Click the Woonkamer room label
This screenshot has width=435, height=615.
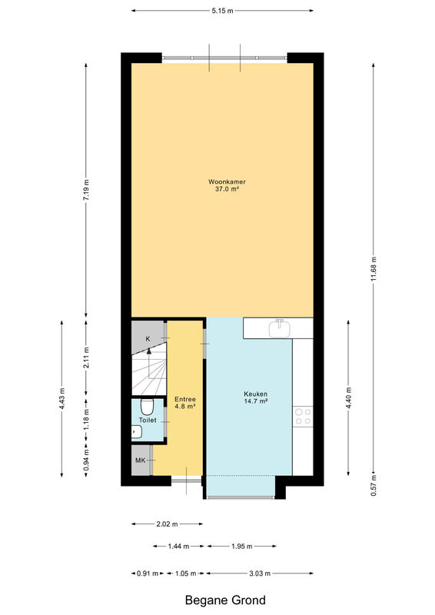click(227, 182)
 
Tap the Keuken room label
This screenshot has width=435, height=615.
click(255, 394)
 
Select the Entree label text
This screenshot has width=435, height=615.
click(185, 399)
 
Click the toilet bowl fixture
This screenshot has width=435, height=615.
click(147, 407)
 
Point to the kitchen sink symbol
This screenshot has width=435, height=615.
click(280, 328)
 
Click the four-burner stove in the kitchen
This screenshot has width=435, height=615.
click(303, 417)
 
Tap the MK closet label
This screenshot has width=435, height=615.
click(140, 460)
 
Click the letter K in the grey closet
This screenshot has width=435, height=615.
click(148, 339)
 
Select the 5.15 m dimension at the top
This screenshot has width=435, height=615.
click(222, 11)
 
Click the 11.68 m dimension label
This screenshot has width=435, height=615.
click(374, 268)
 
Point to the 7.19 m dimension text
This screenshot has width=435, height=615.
click(86, 189)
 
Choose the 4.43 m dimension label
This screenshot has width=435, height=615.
click(62, 398)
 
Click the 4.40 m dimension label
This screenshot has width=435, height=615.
click(349, 397)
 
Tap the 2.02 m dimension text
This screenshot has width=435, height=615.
click(167, 524)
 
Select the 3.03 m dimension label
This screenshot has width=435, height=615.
click(260, 573)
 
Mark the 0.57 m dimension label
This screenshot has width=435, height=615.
click(374, 486)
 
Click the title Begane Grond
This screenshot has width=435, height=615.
click(225, 600)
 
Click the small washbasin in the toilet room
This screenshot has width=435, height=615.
click(137, 432)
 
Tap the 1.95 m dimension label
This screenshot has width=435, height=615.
click(241, 546)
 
